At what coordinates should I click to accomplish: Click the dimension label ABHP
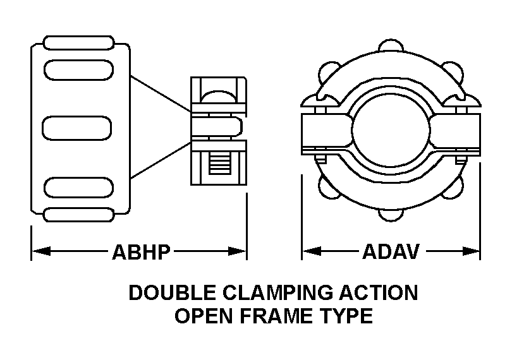(x=141, y=253)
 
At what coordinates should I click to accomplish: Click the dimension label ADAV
(x=391, y=253)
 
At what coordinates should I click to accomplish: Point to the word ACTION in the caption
(x=379, y=294)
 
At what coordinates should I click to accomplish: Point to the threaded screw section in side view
(x=217, y=167)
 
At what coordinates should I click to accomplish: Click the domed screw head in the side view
(x=217, y=95)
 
